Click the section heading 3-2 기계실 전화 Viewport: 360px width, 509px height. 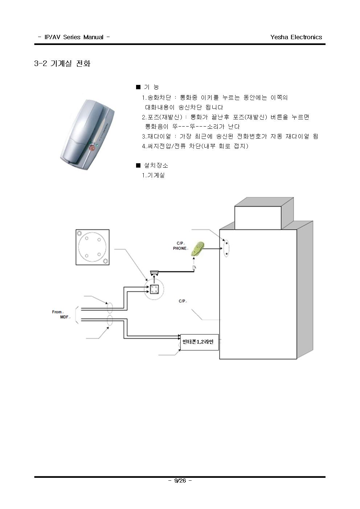tap(62, 63)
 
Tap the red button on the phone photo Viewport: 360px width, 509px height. tap(93, 148)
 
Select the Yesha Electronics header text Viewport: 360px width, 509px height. tap(296, 37)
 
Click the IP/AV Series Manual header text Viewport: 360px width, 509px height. tap(74, 37)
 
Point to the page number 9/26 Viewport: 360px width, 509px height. tap(180, 480)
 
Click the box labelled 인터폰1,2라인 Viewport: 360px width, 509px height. tap(199, 342)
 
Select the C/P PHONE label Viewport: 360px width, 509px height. tap(180, 246)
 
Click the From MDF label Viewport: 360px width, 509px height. tap(61, 315)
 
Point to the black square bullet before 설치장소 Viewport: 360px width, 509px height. tap(138, 165)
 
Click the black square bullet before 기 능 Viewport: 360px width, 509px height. tap(138, 87)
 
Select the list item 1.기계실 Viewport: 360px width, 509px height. tap(153, 175)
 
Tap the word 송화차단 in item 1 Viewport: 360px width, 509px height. tap(159, 98)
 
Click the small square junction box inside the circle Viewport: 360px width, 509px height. tap(154, 289)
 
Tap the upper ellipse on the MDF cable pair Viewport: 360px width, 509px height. tap(110, 308)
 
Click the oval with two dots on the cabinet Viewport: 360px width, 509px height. tap(226, 249)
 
